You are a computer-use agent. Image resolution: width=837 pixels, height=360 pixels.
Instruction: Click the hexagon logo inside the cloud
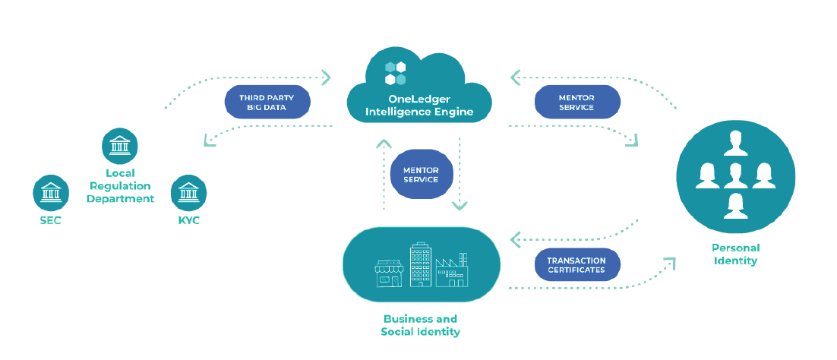point(395,73)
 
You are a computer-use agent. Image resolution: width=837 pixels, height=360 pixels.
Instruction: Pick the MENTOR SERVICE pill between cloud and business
point(421,174)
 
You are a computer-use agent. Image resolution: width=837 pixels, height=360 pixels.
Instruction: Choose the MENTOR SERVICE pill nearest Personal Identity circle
point(576,103)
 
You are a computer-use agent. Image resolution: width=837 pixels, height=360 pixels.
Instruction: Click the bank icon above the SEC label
point(51,193)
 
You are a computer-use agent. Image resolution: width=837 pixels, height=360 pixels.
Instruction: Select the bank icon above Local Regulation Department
point(119,146)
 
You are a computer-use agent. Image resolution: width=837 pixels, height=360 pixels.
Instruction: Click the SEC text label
point(51,220)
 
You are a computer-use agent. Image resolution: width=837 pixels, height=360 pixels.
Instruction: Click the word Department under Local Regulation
point(120,199)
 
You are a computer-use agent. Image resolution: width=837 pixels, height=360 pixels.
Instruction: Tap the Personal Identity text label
point(735,254)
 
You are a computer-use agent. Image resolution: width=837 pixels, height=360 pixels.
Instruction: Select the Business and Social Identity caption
point(420,325)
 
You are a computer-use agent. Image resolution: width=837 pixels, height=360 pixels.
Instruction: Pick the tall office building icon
point(420,264)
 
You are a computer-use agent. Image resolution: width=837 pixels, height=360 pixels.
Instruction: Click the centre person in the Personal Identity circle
point(735,174)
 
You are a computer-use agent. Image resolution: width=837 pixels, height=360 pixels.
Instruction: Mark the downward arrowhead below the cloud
point(460,205)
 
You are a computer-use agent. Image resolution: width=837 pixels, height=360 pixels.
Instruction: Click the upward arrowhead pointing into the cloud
point(384,142)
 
